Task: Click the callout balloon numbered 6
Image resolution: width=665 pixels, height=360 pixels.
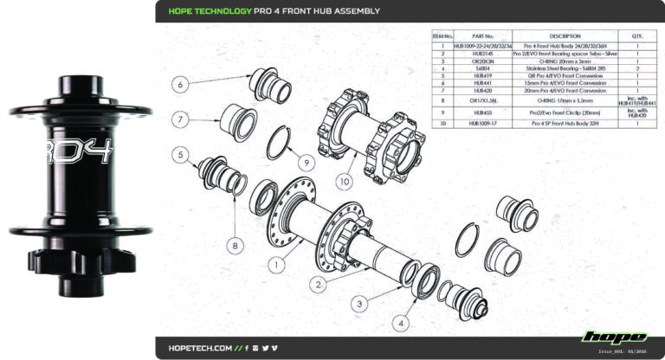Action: click(x=178, y=85)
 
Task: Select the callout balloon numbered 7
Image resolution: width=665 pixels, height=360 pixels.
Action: click(x=178, y=119)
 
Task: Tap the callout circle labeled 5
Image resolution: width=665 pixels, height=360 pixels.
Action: click(x=181, y=156)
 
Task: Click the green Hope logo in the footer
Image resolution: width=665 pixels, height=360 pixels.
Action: click(x=614, y=337)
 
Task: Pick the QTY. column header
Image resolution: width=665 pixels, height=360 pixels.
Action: click(x=637, y=36)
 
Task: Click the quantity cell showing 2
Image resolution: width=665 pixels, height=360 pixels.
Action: click(x=637, y=67)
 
